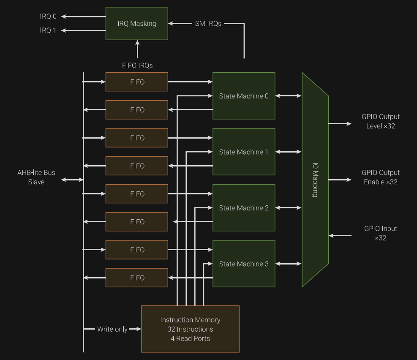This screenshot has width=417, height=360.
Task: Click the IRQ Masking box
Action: point(136,24)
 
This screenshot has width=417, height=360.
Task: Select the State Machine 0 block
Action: point(244,96)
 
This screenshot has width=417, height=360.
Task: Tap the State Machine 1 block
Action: point(244,152)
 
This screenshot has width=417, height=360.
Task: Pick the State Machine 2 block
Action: point(244,208)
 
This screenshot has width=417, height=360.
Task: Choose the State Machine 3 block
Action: point(244,264)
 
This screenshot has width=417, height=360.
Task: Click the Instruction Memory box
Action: point(190,329)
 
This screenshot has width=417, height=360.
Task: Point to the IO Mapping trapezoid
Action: point(315,180)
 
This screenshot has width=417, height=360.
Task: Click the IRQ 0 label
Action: point(48,16)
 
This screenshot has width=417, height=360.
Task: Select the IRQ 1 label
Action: point(48,30)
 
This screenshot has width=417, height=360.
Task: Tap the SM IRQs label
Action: point(208,24)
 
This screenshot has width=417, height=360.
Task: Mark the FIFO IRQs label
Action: point(137,65)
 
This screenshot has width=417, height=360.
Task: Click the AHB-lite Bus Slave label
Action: point(36,177)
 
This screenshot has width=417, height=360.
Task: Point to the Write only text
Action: point(112,329)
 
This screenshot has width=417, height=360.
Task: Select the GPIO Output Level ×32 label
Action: point(380,121)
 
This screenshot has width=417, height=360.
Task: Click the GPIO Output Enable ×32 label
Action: point(380,177)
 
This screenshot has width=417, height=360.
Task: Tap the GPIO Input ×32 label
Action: point(380,233)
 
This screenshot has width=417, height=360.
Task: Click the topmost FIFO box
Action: point(136,82)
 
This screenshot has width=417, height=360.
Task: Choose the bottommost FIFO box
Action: point(136,278)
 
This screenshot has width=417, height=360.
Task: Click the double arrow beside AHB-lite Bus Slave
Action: point(72,180)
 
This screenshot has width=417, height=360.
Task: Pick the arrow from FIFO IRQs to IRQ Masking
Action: point(137,49)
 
